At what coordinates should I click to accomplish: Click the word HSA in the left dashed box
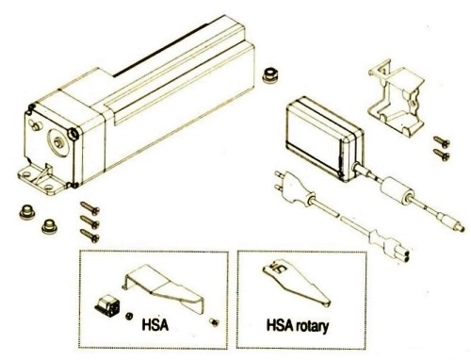[x=154, y=325]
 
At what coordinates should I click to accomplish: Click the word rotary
[x=311, y=326]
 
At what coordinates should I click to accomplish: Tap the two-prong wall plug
[x=294, y=189]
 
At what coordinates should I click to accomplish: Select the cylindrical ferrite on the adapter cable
[x=397, y=190]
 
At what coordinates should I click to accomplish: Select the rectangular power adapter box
[x=325, y=139]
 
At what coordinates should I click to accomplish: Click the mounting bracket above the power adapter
[x=397, y=97]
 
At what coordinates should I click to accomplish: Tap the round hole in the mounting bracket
[x=413, y=104]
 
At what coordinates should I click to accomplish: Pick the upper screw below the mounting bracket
[x=442, y=141]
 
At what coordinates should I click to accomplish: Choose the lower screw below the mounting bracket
[x=442, y=155]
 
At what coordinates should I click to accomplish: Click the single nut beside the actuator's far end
[x=269, y=75]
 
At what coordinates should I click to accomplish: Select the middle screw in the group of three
[x=89, y=222]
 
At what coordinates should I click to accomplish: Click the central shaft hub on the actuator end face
[x=58, y=142]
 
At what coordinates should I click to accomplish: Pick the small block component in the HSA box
[x=107, y=304]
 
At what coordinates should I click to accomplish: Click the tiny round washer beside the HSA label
[x=128, y=316]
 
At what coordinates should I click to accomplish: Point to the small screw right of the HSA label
[x=215, y=322]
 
